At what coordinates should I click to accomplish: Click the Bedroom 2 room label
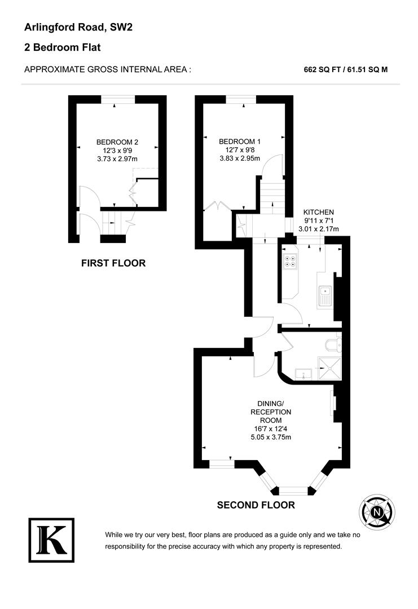click(x=117, y=142)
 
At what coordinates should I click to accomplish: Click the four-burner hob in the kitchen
click(x=291, y=261)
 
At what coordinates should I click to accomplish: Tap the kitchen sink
click(x=326, y=295)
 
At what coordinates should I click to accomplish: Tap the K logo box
click(x=51, y=540)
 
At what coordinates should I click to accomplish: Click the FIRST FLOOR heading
click(x=113, y=263)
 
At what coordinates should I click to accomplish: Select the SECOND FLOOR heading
click(x=256, y=505)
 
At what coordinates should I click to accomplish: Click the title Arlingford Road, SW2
click(x=78, y=27)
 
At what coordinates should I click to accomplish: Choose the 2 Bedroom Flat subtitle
click(x=63, y=47)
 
